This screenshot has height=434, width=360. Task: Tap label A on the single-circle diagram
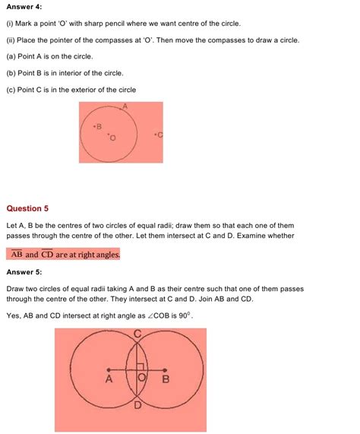pyautogui.click(x=124, y=107)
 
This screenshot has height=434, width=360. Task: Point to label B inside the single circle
pyautogui.click(x=97, y=126)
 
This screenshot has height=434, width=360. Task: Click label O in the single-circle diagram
pyautogui.click(x=113, y=138)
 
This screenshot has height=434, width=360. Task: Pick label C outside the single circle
pyautogui.click(x=159, y=135)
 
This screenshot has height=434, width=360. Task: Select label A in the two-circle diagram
pyautogui.click(x=109, y=379)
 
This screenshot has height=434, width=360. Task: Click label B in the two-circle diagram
pyautogui.click(x=166, y=379)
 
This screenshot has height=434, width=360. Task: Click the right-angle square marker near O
pyautogui.click(x=141, y=375)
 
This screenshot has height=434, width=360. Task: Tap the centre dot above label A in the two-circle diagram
pyautogui.click(x=109, y=370)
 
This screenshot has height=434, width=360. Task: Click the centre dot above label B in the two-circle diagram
pyautogui.click(x=166, y=370)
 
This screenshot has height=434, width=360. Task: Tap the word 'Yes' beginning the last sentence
pyautogui.click(x=14, y=315)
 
